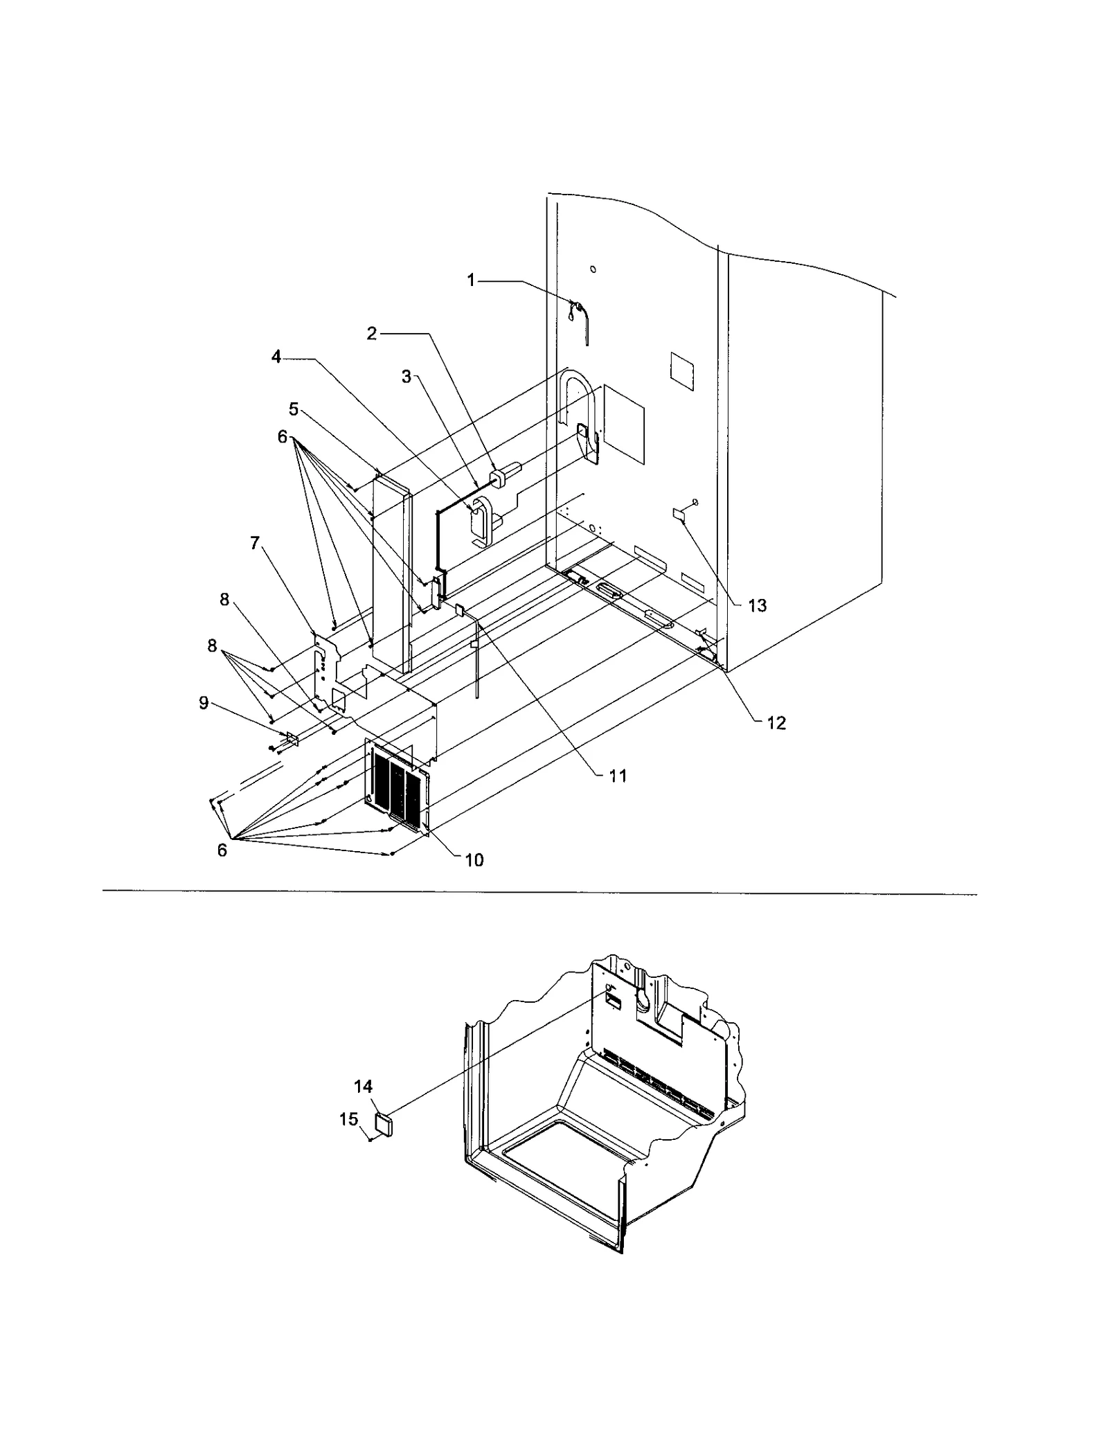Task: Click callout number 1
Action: pyautogui.click(x=471, y=280)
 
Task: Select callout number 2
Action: pyautogui.click(x=372, y=334)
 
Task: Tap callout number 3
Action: pyautogui.click(x=406, y=377)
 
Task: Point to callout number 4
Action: pyautogui.click(x=276, y=357)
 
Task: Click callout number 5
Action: pyautogui.click(x=294, y=409)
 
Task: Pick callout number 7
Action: pyautogui.click(x=255, y=544)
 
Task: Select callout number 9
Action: pyautogui.click(x=204, y=703)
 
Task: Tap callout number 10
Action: pyautogui.click(x=474, y=860)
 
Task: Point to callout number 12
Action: pyautogui.click(x=776, y=723)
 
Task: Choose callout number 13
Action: pyautogui.click(x=758, y=606)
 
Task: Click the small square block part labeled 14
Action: pyautogui.click(x=384, y=1123)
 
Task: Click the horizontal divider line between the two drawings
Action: pyautogui.click(x=540, y=894)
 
